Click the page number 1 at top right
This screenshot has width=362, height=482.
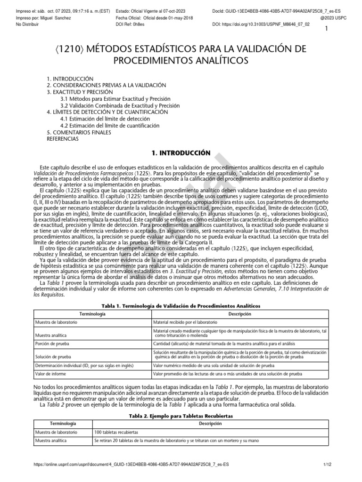pyautogui.click(x=326, y=29)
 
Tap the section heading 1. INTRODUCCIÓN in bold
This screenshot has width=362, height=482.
pyautogui.click(x=181, y=153)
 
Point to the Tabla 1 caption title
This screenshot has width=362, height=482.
pyautogui.click(x=181, y=306)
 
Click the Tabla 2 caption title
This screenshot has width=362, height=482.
pyautogui.click(x=181, y=416)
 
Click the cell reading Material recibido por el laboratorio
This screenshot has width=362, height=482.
pyautogui.click(x=185, y=323)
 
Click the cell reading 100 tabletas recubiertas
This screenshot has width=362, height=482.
pyautogui.click(x=116, y=432)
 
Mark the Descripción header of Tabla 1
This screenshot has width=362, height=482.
pyautogui.click(x=240, y=314)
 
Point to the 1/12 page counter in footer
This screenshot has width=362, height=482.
pyautogui.click(x=328, y=464)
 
